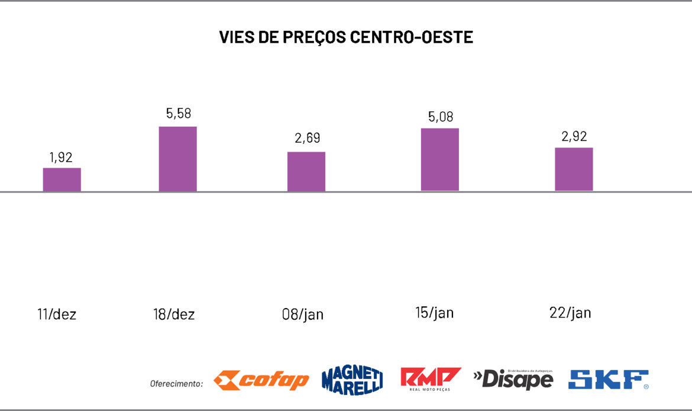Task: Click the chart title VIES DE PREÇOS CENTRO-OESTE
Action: click(346, 37)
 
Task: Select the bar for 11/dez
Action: click(62, 179)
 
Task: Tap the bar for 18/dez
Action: click(177, 159)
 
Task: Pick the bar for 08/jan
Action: click(306, 171)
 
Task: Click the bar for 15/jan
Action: click(439, 159)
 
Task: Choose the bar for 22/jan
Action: click(574, 169)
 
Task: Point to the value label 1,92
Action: click(62, 158)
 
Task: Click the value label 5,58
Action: click(179, 114)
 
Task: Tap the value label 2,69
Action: click(306, 139)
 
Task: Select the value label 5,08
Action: click(440, 117)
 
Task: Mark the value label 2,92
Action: click(574, 136)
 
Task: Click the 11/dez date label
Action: click(56, 314)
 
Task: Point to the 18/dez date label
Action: click(173, 314)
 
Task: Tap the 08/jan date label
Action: click(303, 314)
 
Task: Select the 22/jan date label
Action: click(570, 313)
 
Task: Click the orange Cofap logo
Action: click(261, 380)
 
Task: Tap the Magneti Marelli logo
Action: click(352, 380)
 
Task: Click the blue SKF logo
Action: click(608, 380)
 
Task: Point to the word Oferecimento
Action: click(176, 384)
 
